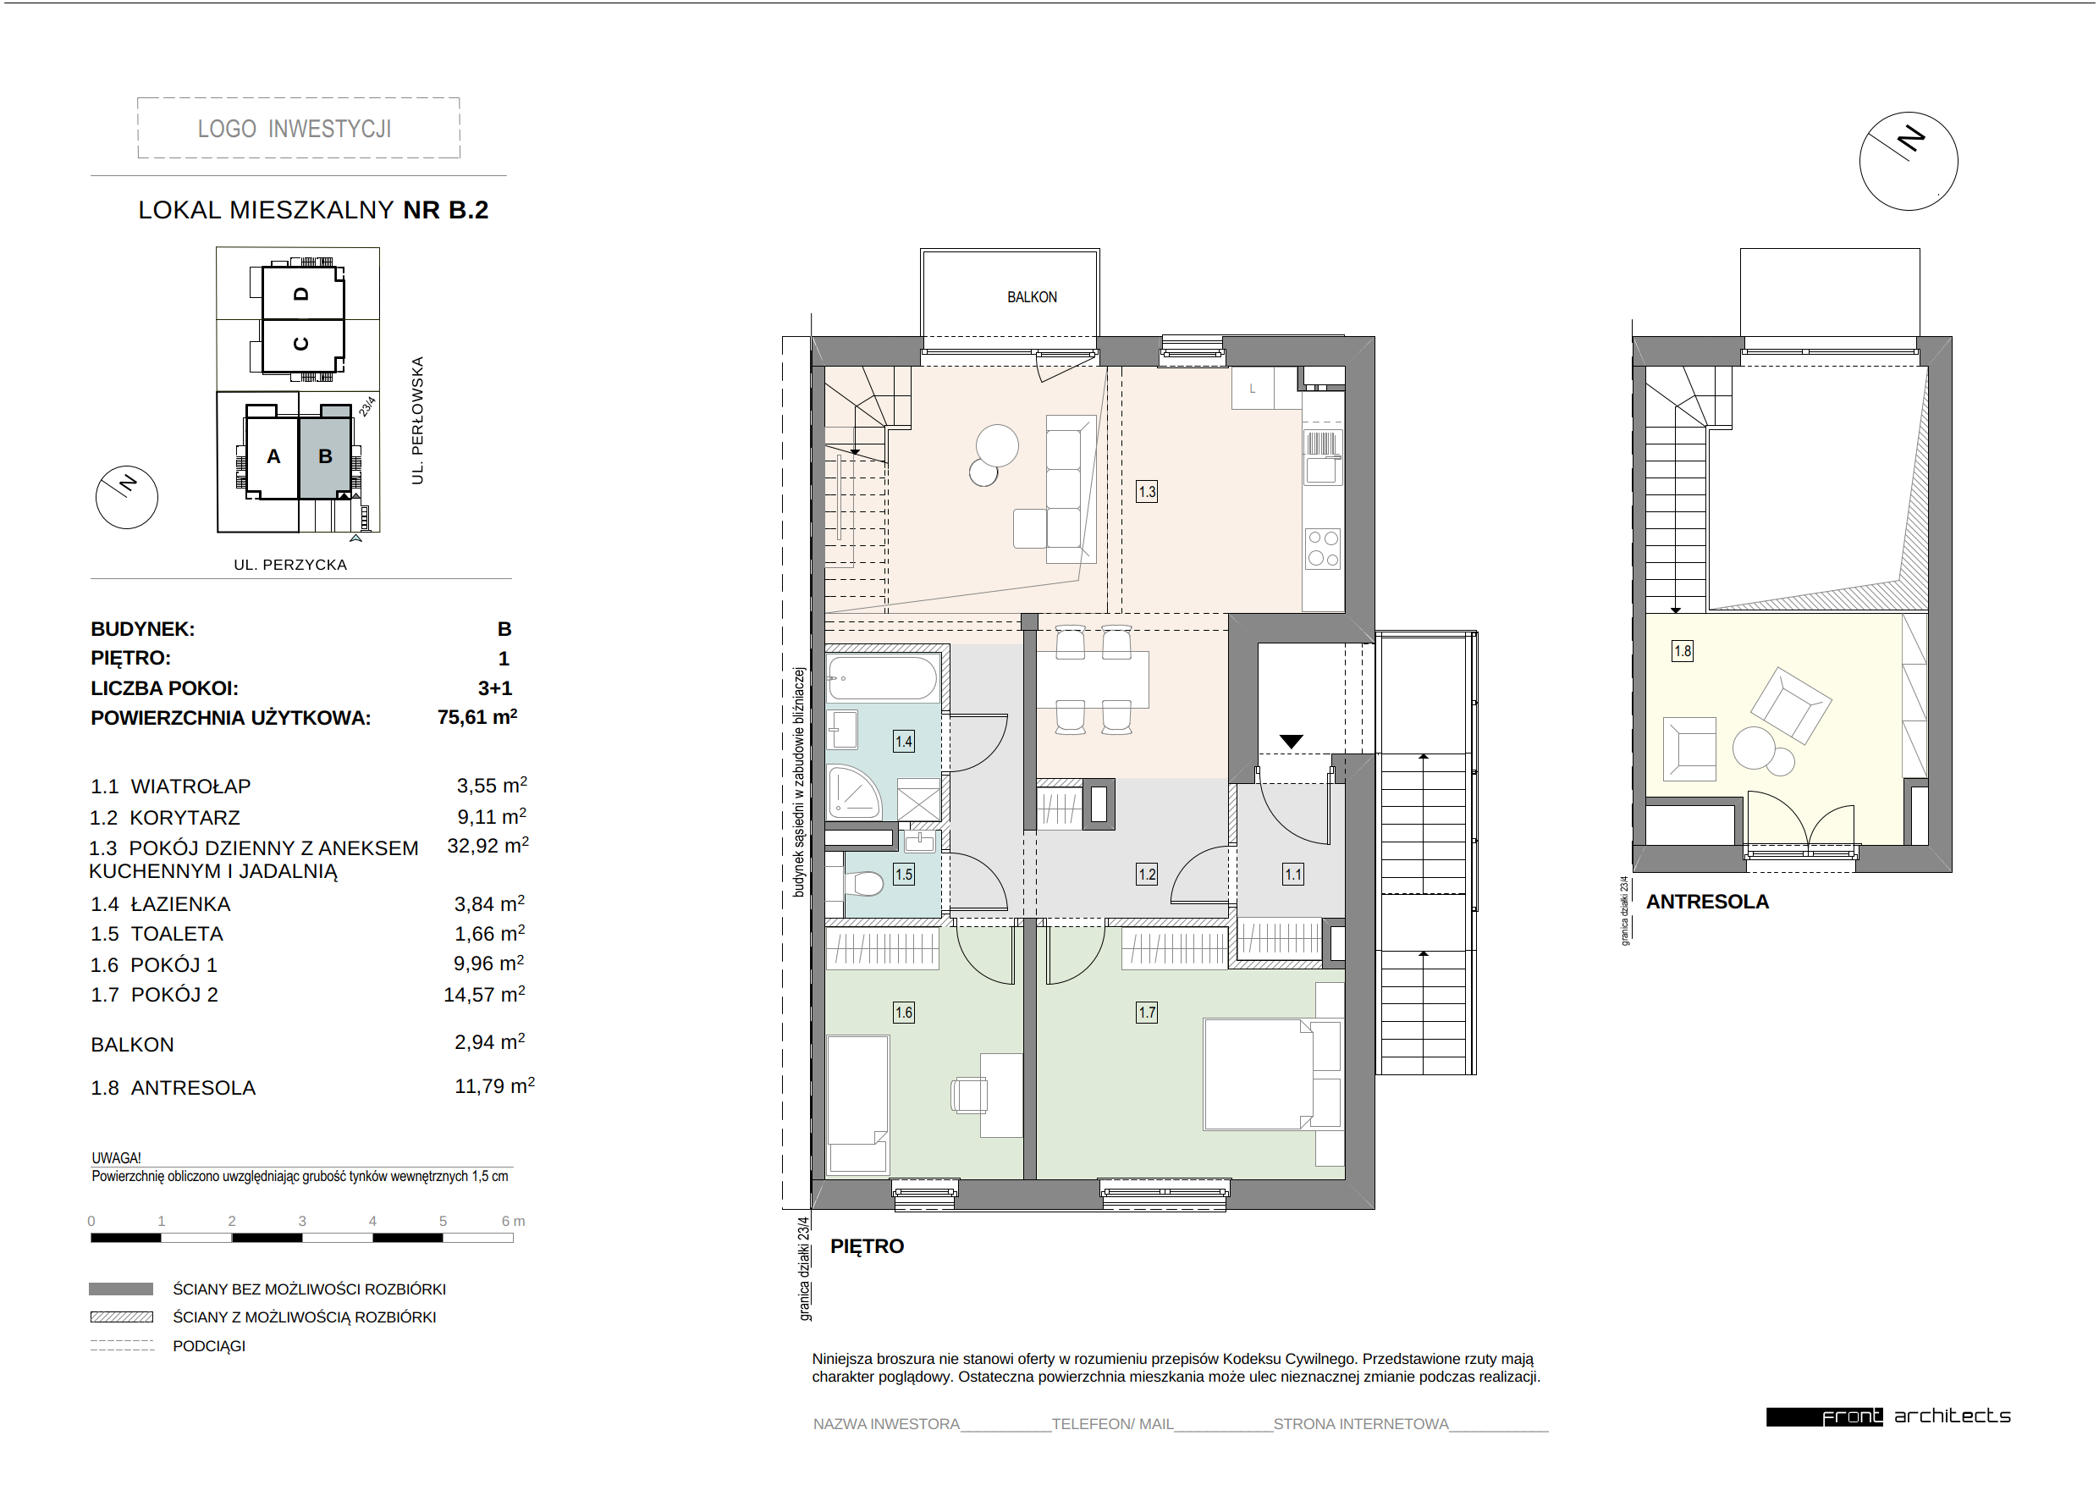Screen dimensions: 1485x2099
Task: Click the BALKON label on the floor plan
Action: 1031,297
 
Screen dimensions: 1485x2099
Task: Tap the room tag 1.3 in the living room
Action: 1146,492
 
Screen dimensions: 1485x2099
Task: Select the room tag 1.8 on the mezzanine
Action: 1682,651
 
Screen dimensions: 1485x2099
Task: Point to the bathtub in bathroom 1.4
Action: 882,678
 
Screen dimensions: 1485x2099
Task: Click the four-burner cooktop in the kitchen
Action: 1323,549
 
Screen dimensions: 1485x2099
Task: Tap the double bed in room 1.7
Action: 1270,1074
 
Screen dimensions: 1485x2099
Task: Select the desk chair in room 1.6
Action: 969,1095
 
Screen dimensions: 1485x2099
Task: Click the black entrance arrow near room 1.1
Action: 1291,742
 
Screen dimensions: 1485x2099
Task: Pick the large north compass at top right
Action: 1908,161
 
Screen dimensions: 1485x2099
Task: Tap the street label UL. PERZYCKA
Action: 289,565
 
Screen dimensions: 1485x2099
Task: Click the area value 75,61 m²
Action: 477,718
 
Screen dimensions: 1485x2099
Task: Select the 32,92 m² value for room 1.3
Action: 488,847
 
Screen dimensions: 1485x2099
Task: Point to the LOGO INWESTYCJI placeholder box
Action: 298,128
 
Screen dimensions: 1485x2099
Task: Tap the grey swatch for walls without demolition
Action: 121,1289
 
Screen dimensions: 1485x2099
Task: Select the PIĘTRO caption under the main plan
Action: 867,1246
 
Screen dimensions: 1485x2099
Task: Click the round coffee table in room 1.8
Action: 1755,747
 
